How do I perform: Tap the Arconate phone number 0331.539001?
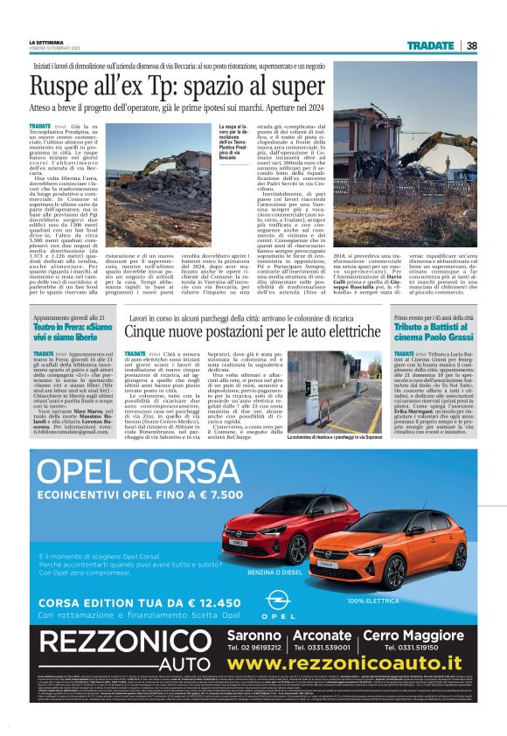click(x=323, y=648)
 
